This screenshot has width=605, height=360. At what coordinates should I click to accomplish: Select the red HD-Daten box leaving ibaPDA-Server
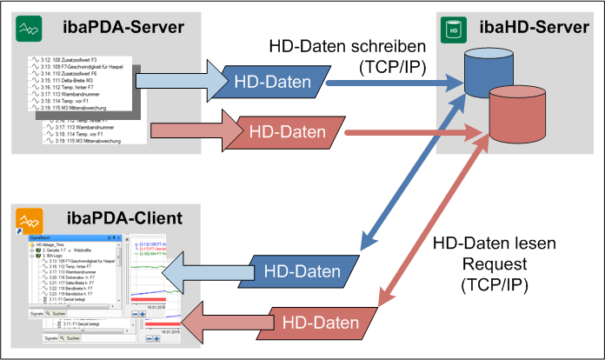286,132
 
